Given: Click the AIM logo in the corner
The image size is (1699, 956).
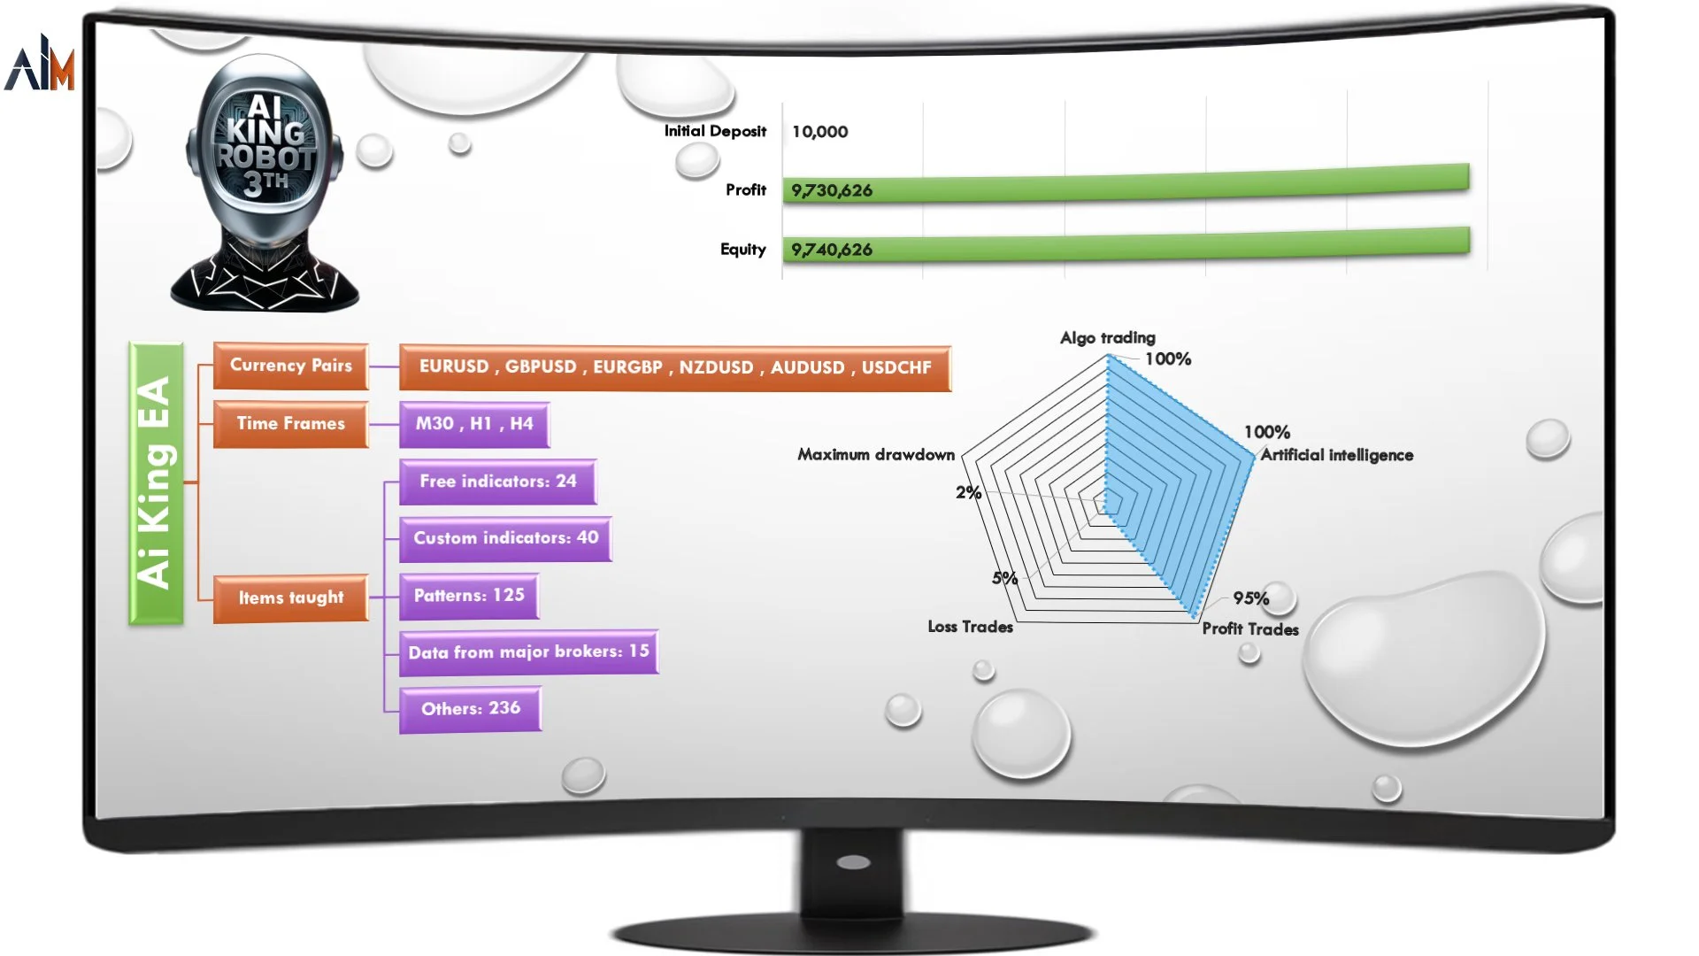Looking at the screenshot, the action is tap(40, 63).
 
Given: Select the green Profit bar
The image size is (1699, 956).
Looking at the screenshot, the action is tap(1126, 184).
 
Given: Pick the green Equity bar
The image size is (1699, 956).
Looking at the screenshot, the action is tap(1126, 244).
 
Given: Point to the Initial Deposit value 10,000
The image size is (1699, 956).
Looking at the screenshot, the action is tap(819, 132).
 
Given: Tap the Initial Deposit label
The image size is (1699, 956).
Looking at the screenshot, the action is tap(715, 131).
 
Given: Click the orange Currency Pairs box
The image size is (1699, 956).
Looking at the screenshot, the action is tap(291, 366).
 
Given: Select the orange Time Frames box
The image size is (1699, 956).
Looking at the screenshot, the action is tap(291, 424).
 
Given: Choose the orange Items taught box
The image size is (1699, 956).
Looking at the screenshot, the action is tap(291, 598).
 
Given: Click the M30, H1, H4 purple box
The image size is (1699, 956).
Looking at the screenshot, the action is tap(474, 424).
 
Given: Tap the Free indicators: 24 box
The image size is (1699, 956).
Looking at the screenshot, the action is tap(498, 482).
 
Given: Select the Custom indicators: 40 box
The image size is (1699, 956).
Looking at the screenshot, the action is tap(505, 538).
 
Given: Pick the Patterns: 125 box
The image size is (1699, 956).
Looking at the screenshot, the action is tap(469, 596).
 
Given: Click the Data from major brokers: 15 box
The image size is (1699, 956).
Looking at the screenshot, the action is tap(528, 652).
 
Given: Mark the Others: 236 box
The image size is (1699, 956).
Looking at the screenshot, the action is tap(470, 709).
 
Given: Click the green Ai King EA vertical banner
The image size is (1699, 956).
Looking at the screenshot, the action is tap(156, 483).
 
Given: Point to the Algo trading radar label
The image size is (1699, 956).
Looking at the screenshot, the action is tap(1108, 337).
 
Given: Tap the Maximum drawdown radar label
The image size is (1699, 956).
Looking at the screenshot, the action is tap(876, 455).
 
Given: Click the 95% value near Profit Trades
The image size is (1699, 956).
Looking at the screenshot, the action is tap(1251, 598).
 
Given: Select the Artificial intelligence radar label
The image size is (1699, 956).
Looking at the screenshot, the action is tap(1337, 455).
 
